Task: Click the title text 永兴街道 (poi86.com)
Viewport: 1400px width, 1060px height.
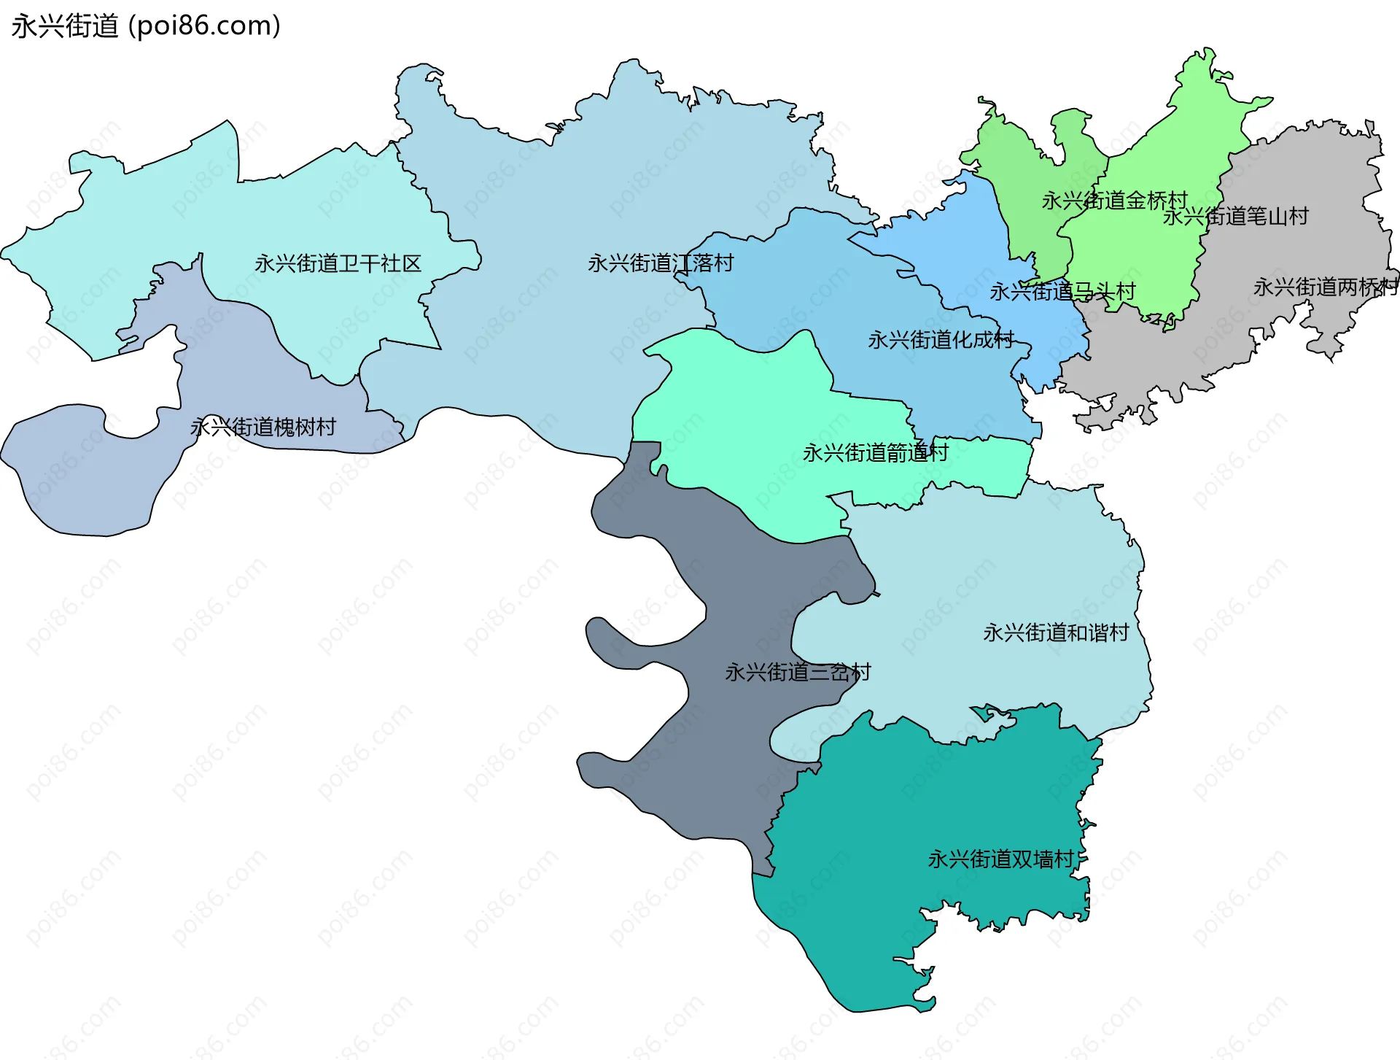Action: pyautogui.click(x=146, y=26)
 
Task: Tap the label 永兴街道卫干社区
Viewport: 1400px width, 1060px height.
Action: pyautogui.click(x=338, y=263)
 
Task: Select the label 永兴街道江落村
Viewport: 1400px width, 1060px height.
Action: pyautogui.click(x=660, y=263)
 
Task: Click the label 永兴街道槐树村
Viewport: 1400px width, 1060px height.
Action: pyautogui.click(x=263, y=427)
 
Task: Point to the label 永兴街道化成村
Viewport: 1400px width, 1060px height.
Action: pyautogui.click(x=941, y=340)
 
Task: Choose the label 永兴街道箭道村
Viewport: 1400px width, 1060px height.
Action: pyautogui.click(x=875, y=453)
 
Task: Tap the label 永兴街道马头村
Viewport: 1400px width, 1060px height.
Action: pyautogui.click(x=1062, y=292)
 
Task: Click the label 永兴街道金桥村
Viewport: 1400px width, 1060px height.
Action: pyautogui.click(x=1114, y=201)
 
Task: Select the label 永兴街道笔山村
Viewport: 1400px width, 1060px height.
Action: pyautogui.click(x=1235, y=217)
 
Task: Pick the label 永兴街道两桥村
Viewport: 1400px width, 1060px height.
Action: pyautogui.click(x=1325, y=287)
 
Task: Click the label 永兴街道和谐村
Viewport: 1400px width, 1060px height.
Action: pyautogui.click(x=1056, y=632)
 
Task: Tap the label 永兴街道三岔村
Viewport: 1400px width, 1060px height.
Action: pyautogui.click(x=798, y=672)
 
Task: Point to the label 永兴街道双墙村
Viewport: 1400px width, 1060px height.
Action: pyautogui.click(x=1000, y=859)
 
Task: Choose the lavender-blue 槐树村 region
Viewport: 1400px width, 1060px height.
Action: pyautogui.click(x=87, y=474)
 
